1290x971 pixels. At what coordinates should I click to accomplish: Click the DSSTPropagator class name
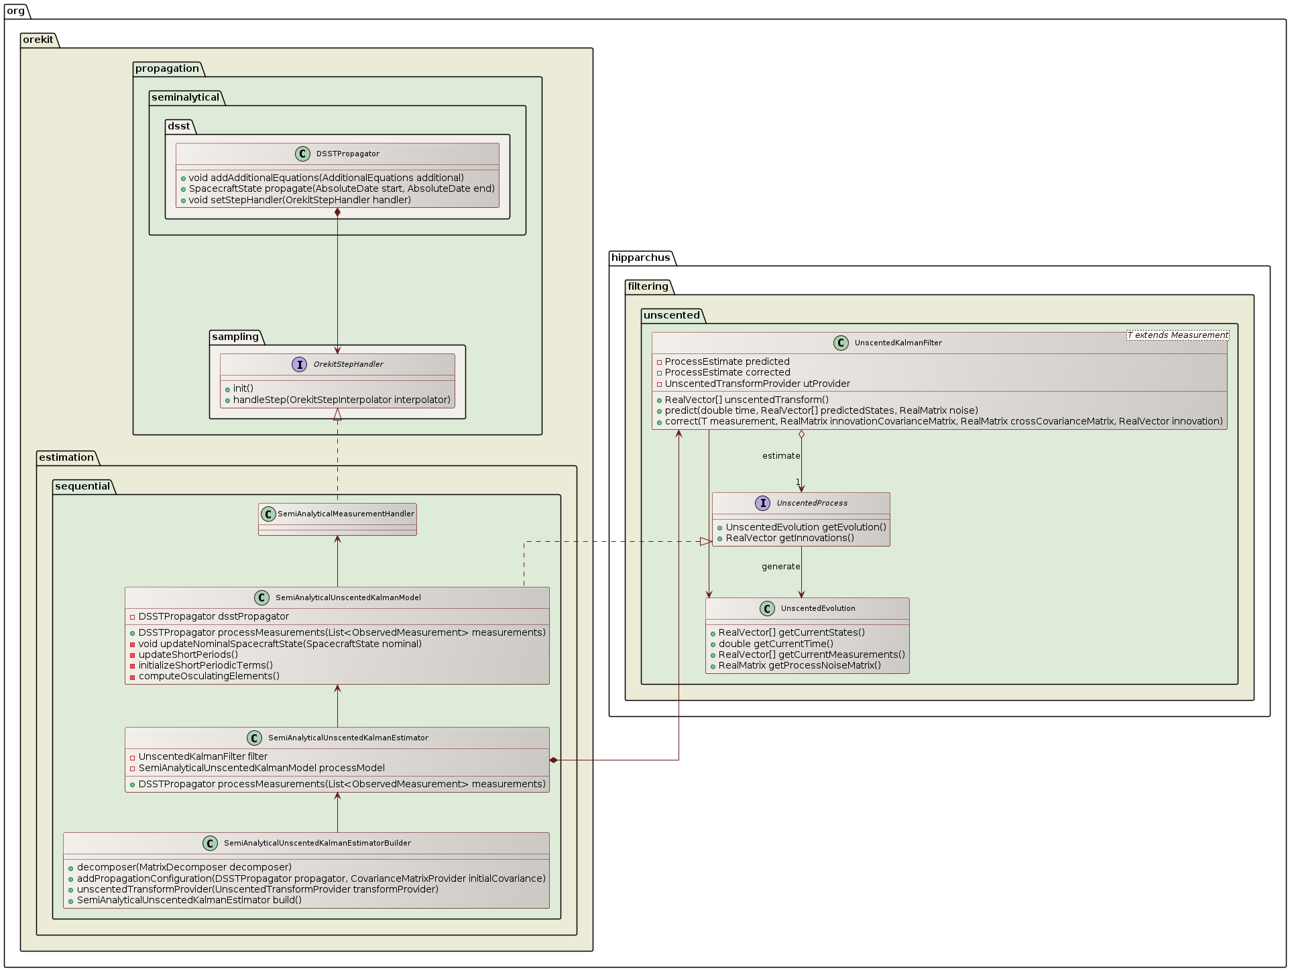[347, 154]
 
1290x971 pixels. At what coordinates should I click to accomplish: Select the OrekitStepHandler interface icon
[300, 364]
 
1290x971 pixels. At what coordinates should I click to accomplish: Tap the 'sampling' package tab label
[235, 337]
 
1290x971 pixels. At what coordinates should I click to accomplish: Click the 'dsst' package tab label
[178, 126]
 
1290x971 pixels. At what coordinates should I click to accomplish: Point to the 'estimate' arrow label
[781, 456]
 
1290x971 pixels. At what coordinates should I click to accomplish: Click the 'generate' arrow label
[780, 567]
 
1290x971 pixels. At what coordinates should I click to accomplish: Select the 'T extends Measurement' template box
[1177, 335]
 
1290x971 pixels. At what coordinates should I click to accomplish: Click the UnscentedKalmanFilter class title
[898, 343]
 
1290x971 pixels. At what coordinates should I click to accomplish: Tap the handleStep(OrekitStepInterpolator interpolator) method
[341, 400]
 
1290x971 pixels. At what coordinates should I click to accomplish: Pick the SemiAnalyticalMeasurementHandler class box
[337, 519]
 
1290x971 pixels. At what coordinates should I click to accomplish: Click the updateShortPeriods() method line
[188, 654]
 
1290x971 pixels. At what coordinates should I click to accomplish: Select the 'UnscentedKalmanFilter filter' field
[202, 756]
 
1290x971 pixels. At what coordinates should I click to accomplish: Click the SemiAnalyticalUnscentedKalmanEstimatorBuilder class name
[317, 843]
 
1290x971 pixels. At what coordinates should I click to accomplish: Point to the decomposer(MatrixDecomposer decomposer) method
[184, 867]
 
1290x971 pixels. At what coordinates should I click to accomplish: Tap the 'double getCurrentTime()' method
[776, 644]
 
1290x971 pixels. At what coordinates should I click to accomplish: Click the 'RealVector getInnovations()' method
[789, 538]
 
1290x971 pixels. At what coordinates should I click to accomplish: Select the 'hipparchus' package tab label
[640, 258]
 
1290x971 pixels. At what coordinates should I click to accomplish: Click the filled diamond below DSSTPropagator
[337, 213]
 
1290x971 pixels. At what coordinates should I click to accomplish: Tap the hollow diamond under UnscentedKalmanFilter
[801, 435]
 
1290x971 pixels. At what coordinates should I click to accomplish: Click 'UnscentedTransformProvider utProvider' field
[757, 384]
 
